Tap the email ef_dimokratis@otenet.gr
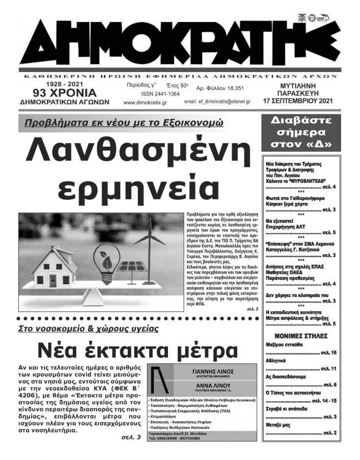tap(217, 102)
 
